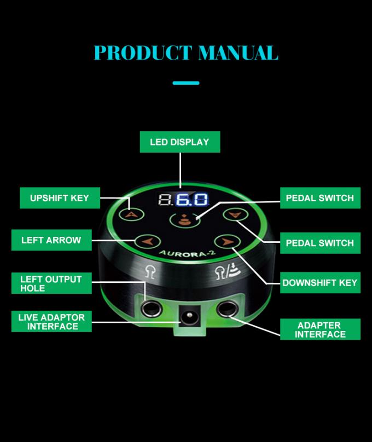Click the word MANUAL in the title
(x=238, y=53)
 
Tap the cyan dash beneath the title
(x=186, y=83)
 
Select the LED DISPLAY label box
(x=179, y=142)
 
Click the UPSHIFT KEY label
(x=60, y=198)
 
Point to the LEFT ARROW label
(x=51, y=240)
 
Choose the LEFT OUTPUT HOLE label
(x=51, y=283)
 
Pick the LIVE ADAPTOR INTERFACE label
(x=51, y=322)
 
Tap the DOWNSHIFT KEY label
(x=320, y=283)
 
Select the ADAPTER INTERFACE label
(x=321, y=329)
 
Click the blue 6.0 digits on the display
(x=191, y=200)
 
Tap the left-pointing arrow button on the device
(x=146, y=240)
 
